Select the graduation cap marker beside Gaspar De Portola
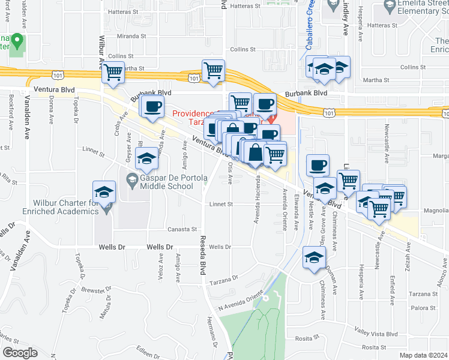click(x=146, y=160)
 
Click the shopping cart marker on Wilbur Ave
click(x=113, y=73)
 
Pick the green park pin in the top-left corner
click(x=17, y=41)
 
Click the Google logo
click(x=20, y=352)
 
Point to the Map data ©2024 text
click(x=424, y=355)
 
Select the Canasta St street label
click(x=182, y=229)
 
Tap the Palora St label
click(x=424, y=308)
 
